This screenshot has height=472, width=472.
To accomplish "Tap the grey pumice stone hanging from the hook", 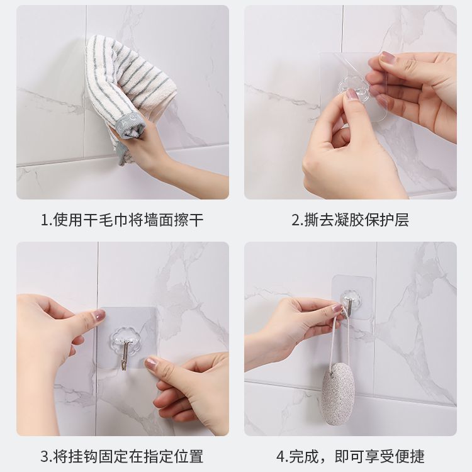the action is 339,396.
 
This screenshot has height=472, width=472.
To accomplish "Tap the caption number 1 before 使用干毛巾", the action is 45,220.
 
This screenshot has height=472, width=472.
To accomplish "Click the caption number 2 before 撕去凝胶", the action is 296,220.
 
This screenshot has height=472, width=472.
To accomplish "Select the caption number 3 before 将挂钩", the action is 45,456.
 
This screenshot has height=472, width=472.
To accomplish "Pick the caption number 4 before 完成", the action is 281,456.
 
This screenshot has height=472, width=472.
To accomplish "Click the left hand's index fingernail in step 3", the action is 99,315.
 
